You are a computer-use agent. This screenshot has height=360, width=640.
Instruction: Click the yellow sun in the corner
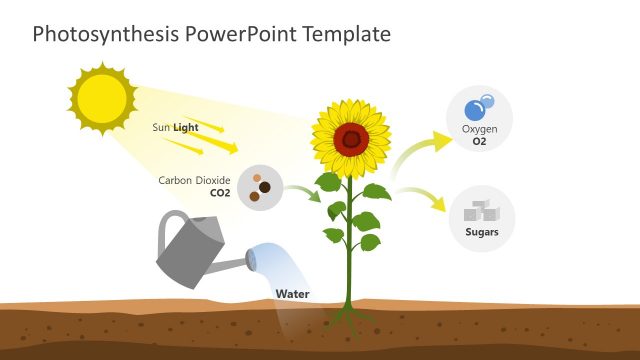pyautogui.click(x=102, y=97)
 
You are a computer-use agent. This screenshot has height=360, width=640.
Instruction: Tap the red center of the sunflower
pyautogui.click(x=351, y=138)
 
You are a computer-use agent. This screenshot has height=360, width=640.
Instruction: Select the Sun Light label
pyautogui.click(x=175, y=128)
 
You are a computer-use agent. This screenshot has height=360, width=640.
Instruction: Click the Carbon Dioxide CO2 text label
pyautogui.click(x=195, y=186)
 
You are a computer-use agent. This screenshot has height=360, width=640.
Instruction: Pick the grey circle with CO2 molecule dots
pyautogui.click(x=260, y=187)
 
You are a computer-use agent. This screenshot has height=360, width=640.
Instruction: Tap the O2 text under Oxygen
pyautogui.click(x=479, y=142)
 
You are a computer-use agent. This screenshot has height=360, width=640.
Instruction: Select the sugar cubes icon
pyautogui.click(x=481, y=212)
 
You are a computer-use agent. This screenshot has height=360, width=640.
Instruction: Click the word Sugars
pyautogui.click(x=481, y=233)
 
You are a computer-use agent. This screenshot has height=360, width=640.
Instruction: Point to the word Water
pyautogui.click(x=292, y=294)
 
